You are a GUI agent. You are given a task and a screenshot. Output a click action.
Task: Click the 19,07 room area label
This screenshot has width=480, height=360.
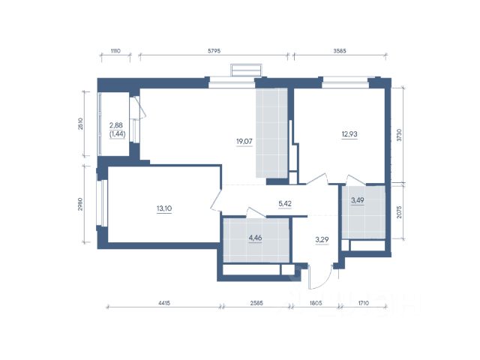click(244, 142)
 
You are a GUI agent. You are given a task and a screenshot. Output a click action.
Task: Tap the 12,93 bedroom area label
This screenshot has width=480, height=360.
click(349, 134)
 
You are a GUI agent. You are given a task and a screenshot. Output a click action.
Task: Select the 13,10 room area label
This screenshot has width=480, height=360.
click(164, 208)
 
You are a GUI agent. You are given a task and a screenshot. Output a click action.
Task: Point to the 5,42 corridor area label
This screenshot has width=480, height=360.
click(285, 203)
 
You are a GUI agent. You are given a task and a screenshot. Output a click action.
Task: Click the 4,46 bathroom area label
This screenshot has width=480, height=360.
click(255, 238)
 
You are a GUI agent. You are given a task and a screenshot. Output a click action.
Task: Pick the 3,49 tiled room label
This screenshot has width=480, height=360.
click(357, 200)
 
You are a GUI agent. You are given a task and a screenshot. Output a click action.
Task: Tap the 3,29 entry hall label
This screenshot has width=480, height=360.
click(322, 239)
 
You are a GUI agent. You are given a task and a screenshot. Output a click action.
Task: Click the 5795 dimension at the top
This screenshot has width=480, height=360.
click(214, 51)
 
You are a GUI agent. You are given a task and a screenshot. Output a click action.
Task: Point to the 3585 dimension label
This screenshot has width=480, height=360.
click(340, 51)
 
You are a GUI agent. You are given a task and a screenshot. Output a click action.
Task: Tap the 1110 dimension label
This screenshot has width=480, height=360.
click(115, 51)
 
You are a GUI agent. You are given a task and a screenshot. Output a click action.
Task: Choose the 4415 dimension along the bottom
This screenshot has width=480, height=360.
click(164, 303)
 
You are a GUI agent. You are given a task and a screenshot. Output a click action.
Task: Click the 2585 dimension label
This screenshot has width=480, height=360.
click(256, 303)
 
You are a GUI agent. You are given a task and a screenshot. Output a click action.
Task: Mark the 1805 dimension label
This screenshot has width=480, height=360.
click(316, 303)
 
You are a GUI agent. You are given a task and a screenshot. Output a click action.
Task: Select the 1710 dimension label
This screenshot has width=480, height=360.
click(363, 303)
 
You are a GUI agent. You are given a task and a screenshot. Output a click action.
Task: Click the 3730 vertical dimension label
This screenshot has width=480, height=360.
click(398, 135)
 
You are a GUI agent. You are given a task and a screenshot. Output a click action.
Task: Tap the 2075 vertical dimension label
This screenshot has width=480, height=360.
click(398, 211)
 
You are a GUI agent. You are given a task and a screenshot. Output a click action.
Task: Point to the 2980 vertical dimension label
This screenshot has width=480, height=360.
click(80, 204)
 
